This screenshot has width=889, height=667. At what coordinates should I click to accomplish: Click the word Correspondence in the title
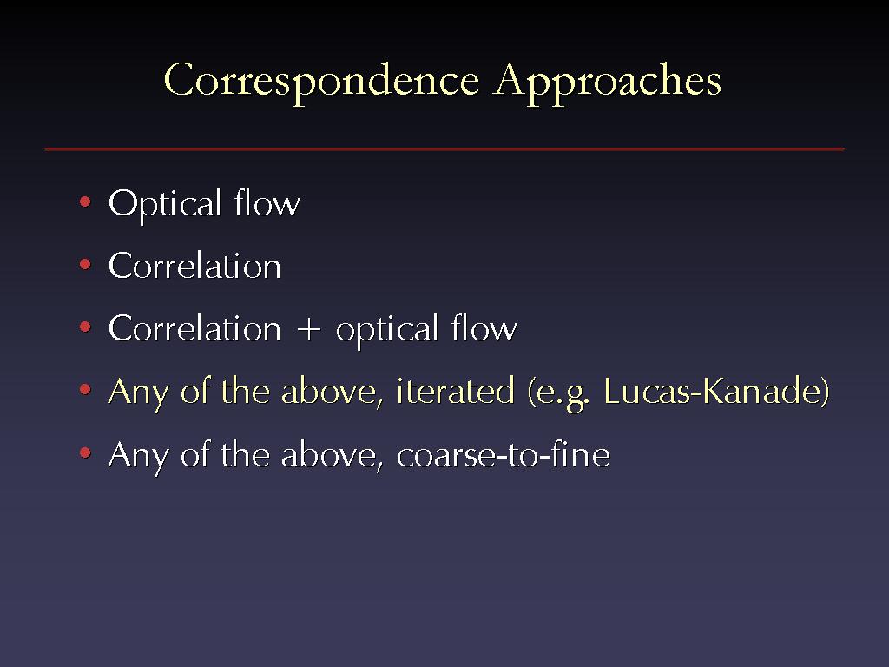tap(321, 83)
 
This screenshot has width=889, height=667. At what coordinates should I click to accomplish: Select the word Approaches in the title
tap(607, 83)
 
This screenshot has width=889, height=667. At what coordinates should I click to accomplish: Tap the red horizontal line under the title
tap(444, 149)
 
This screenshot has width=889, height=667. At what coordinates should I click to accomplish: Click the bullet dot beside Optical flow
tap(86, 201)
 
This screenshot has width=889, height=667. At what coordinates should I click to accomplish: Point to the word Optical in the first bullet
tap(164, 203)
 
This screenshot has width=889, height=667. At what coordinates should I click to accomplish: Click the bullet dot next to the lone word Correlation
tap(86, 264)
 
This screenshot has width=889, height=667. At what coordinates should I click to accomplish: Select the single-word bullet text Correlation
tap(194, 266)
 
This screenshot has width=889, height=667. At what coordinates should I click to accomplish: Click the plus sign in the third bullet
tap(308, 329)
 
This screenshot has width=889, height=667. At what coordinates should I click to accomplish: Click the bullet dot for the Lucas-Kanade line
tap(86, 390)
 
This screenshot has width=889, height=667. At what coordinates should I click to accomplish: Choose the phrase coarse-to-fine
tap(503, 454)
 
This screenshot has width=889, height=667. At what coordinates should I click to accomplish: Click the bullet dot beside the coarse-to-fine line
tap(86, 452)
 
